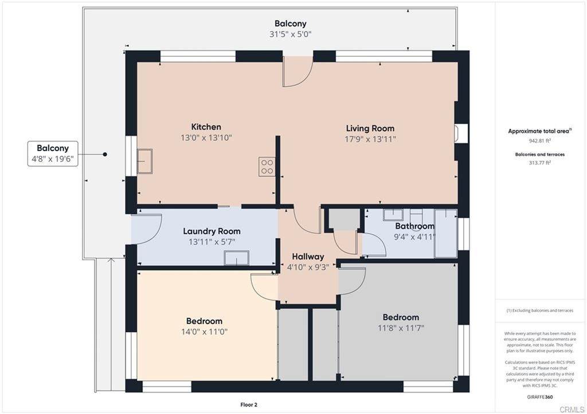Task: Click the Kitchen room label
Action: tap(206, 127)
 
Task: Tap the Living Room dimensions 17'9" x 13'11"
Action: tap(370, 139)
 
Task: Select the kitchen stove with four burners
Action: tap(267, 167)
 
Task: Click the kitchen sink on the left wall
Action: tap(144, 161)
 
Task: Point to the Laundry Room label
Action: tap(212, 231)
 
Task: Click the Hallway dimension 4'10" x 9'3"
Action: tap(308, 267)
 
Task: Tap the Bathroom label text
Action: tap(415, 226)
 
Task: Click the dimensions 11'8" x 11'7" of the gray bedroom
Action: tap(401, 328)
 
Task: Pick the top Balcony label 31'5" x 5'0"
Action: tap(291, 29)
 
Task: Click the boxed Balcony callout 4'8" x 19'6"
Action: tap(53, 153)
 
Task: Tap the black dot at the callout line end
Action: tap(105, 154)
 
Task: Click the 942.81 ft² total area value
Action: tap(539, 141)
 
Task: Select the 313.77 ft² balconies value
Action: tap(539, 163)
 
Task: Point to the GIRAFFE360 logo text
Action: tap(539, 397)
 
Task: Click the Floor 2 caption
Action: tap(249, 405)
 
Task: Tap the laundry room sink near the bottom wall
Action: tap(237, 258)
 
